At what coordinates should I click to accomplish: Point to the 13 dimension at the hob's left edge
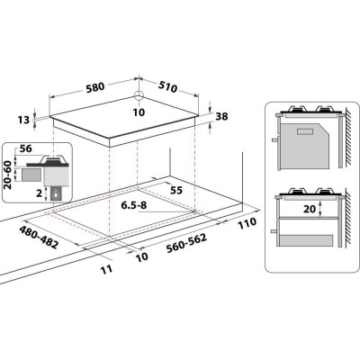[23, 120]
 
